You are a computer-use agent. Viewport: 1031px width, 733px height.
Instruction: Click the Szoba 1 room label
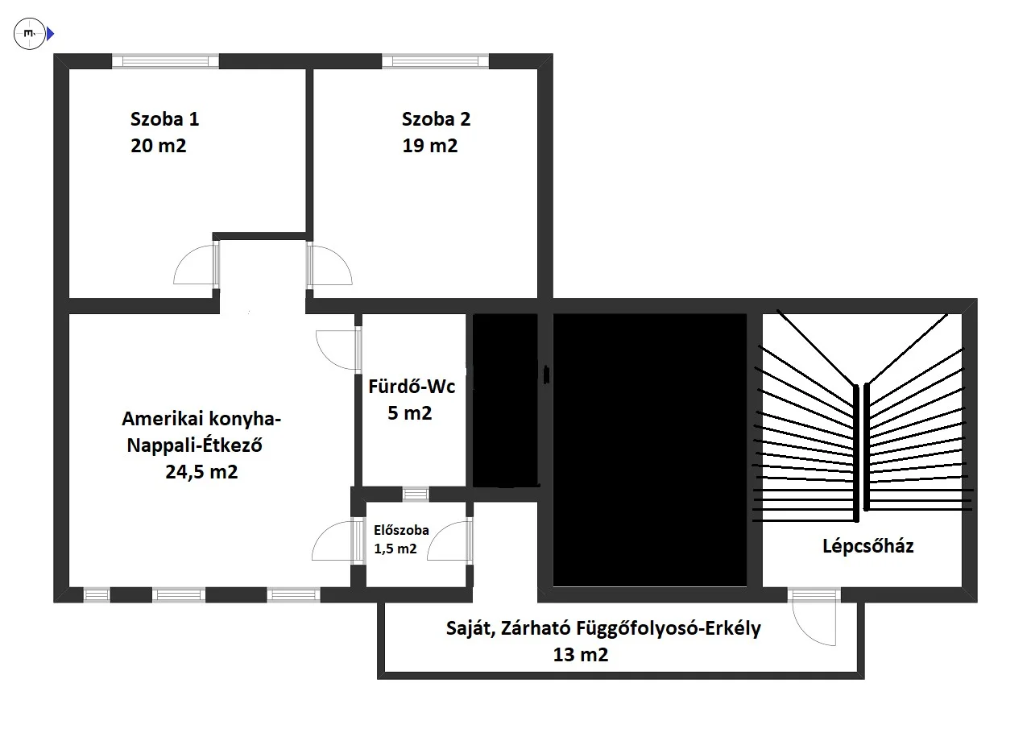click(165, 118)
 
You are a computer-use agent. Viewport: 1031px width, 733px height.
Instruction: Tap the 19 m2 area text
click(430, 146)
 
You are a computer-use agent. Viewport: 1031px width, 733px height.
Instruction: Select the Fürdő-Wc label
click(412, 387)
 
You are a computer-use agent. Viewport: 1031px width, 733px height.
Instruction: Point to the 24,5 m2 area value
click(201, 472)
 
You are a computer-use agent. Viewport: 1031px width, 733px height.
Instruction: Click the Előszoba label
click(401, 530)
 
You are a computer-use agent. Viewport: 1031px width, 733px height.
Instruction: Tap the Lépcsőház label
click(868, 546)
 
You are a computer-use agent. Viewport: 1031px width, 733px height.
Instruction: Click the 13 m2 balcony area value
click(581, 654)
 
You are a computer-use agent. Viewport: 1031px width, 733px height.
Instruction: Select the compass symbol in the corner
click(30, 34)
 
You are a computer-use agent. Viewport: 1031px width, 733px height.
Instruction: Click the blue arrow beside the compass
click(51, 34)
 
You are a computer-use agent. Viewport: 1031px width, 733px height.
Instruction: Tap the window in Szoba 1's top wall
click(165, 61)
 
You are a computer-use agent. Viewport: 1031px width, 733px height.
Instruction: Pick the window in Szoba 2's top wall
click(436, 61)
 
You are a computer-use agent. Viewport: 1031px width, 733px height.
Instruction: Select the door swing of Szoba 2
click(329, 265)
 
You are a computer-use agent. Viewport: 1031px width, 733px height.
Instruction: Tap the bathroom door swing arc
click(337, 350)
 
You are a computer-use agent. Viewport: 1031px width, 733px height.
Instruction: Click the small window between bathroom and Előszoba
click(416, 495)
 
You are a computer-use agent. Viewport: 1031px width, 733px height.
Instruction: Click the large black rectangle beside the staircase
click(649, 450)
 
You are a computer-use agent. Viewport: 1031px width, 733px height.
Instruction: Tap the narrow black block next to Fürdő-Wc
click(505, 400)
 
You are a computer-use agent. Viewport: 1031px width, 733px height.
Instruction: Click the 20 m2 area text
click(159, 146)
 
